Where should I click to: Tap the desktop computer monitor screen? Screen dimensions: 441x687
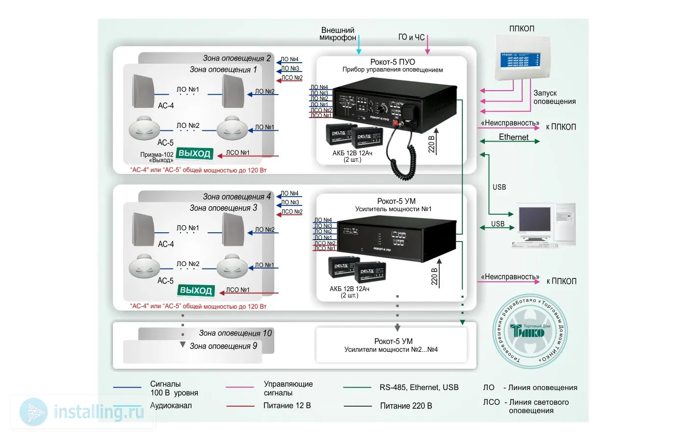tap(535, 221)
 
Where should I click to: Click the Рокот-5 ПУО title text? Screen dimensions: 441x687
tap(393, 62)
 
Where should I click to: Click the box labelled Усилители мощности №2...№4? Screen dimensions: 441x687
tap(391, 345)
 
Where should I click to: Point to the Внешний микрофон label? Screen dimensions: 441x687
tap(338, 34)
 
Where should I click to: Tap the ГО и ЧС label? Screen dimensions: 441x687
tap(411, 37)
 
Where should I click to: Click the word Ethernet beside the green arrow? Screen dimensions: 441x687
tap(513, 137)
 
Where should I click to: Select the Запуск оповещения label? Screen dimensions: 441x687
tap(555, 97)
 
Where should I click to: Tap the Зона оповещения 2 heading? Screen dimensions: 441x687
tap(237, 58)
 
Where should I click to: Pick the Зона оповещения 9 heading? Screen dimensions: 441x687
tap(223, 346)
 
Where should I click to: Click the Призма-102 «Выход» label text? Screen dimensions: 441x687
tap(157, 157)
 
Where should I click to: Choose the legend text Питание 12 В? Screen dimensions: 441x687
tap(287, 406)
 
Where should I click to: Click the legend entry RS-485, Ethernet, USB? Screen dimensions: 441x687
tap(419, 388)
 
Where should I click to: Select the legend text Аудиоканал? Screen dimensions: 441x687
tap(171, 406)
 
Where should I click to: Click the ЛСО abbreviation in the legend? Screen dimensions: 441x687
tap(491, 402)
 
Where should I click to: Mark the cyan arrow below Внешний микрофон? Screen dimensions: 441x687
tap(359, 45)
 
